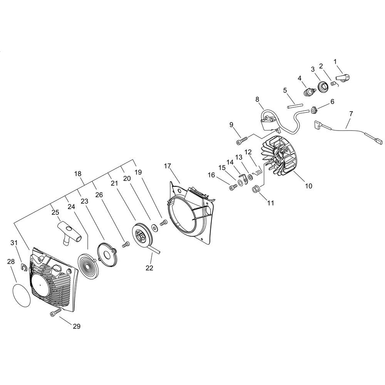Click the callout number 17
tap(167, 166)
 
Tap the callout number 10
tap(308, 186)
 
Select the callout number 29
tap(77, 326)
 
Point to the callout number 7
tap(351, 114)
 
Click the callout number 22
tap(149, 268)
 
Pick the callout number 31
tap(14, 243)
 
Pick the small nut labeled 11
tap(255, 189)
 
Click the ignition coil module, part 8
tap(269, 121)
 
